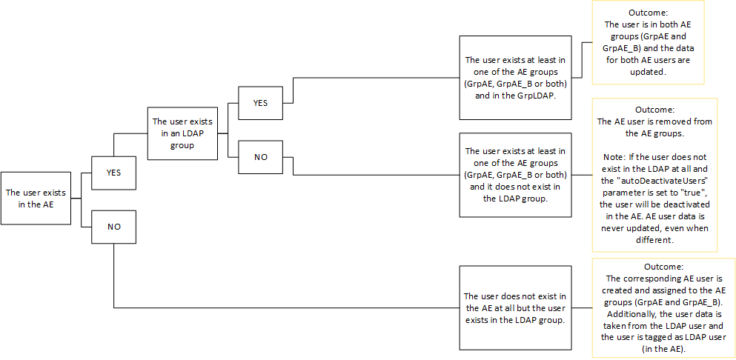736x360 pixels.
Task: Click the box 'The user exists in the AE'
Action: [36, 198]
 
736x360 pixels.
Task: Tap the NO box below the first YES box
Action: [113, 226]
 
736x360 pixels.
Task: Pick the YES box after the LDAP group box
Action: [260, 102]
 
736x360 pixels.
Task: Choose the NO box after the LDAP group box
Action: [260, 157]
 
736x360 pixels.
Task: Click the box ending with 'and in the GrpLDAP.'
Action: [515, 77]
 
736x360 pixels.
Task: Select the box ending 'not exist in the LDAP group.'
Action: [515, 175]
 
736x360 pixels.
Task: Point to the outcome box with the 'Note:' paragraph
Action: [654, 175]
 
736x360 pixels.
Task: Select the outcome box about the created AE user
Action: [663, 307]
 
